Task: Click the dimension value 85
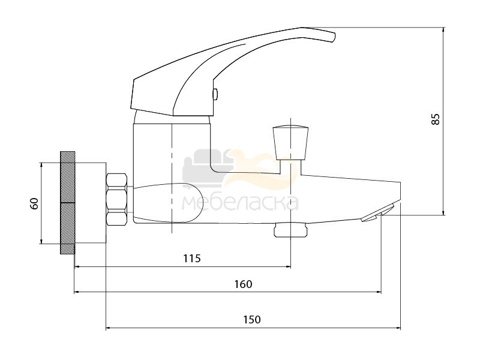(x=436, y=119)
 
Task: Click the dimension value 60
(x=35, y=203)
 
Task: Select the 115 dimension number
(x=192, y=259)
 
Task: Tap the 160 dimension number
(x=244, y=284)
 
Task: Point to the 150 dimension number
(x=252, y=320)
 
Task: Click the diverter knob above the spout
(x=290, y=142)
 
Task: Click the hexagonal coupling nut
(x=116, y=199)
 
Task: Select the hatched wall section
(x=68, y=203)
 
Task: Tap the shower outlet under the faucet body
(x=290, y=230)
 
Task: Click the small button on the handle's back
(x=215, y=94)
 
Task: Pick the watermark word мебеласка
(x=241, y=202)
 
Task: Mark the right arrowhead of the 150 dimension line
(x=398, y=328)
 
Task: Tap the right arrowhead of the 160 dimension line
(x=379, y=292)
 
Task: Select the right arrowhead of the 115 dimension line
(x=288, y=267)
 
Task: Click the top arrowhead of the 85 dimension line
(x=443, y=31)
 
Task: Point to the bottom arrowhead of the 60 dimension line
(x=41, y=241)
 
